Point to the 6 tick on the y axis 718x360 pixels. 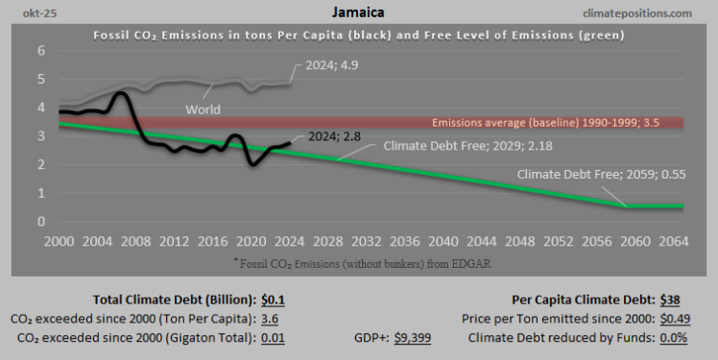pyautogui.click(x=41, y=51)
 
